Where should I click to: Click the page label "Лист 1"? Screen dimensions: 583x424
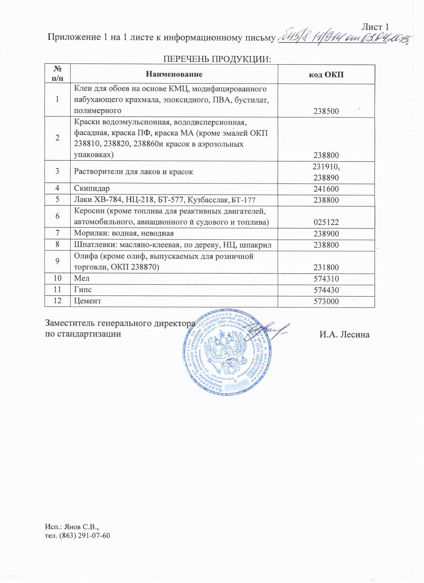tap(375, 27)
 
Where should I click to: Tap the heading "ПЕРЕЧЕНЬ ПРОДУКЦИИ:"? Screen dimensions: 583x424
tap(217, 59)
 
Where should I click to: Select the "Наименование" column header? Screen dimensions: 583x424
tap(174, 74)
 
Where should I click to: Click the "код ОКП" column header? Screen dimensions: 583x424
tap(326, 75)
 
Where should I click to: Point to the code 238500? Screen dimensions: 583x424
tap(326, 111)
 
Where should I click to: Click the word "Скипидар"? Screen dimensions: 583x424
tap(92, 189)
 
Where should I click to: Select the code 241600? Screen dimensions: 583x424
tap(326, 189)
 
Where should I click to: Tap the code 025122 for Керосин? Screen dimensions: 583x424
tap(326, 222)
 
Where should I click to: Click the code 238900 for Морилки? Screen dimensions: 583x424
tap(326, 234)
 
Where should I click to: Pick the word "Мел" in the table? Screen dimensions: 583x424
tap(82, 278)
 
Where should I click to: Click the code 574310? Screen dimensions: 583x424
tap(326, 279)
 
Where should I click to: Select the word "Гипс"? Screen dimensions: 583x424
tap(83, 290)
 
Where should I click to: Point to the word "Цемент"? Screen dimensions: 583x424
tap(88, 301)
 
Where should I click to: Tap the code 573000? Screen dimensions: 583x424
tap(326, 301)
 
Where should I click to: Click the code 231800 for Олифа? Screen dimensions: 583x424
tap(326, 268)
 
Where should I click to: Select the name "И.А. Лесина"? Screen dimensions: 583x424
tap(344, 334)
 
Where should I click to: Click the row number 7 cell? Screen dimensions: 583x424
tap(57, 233)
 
